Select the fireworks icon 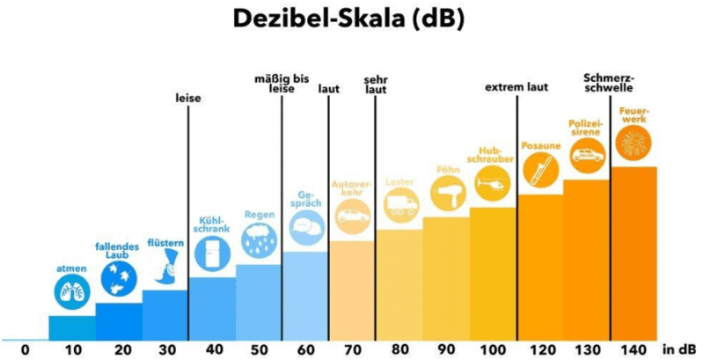[x=633, y=143]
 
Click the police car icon [x=586, y=158]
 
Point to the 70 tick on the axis [x=352, y=349]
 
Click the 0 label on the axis [x=25, y=349]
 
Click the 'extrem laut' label [x=517, y=88]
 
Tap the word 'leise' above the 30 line [x=188, y=99]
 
